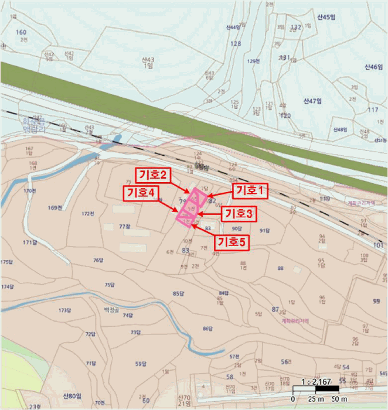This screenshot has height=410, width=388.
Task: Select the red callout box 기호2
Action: [x=153, y=175]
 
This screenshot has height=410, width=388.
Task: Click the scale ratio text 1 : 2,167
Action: [x=315, y=381]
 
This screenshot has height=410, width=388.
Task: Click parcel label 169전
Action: [x=55, y=208]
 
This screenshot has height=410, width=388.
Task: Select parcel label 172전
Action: [x=88, y=213]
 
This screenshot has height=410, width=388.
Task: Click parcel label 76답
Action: [x=98, y=259]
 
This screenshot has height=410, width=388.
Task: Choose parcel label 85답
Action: [x=179, y=293]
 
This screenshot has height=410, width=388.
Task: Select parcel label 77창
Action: [x=124, y=226]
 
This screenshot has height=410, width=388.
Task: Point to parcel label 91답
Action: [x=265, y=230]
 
